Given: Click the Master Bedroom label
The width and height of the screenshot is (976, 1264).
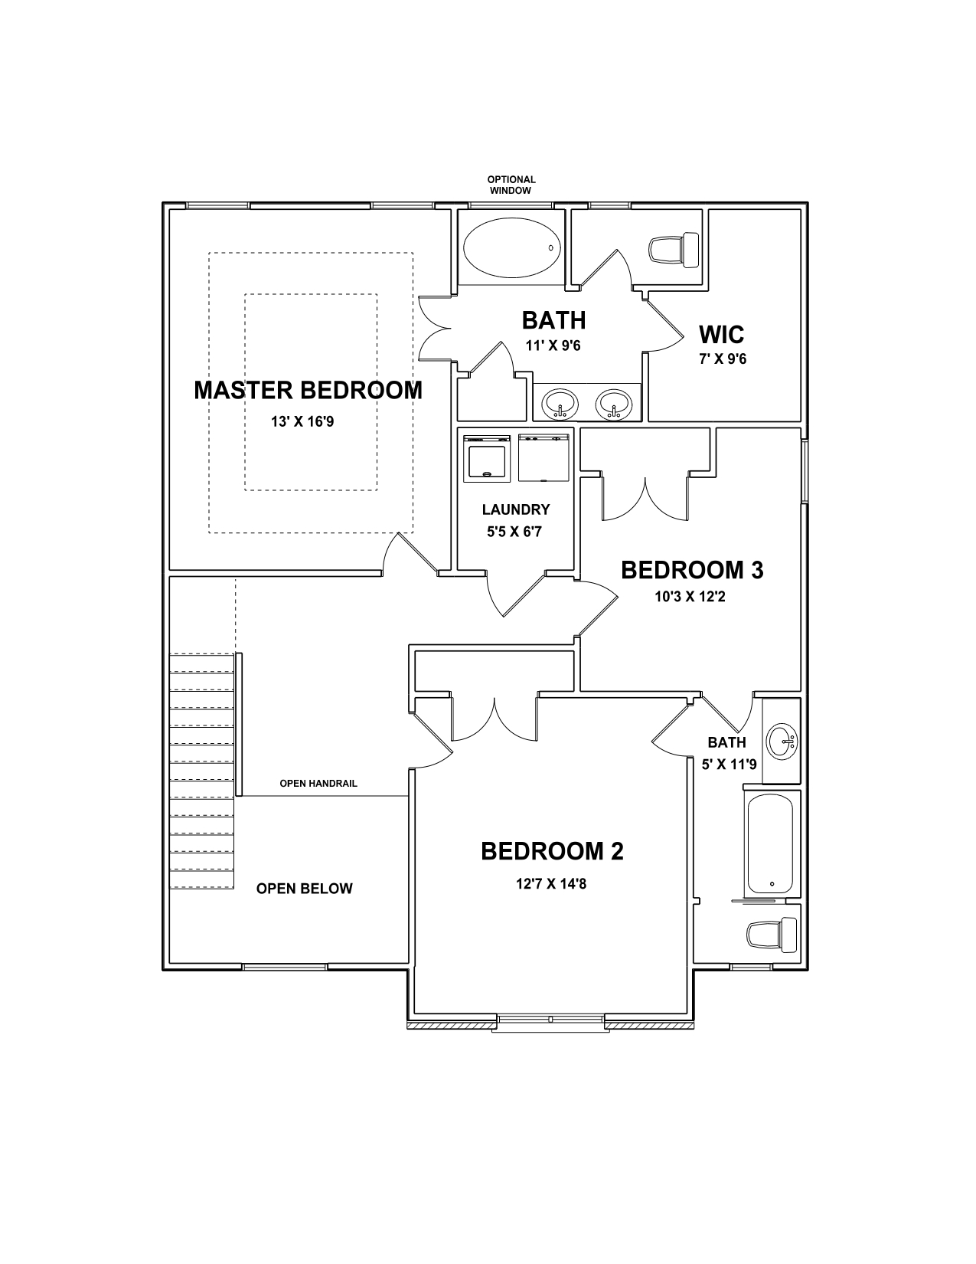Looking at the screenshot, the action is [x=308, y=391].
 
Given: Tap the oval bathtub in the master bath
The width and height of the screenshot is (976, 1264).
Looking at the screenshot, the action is [x=512, y=247].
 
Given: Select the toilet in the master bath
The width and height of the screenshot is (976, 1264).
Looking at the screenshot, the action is [x=674, y=251].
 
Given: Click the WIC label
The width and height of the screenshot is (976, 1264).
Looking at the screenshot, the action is [x=721, y=335].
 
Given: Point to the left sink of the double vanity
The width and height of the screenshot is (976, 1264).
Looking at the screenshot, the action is [x=560, y=403].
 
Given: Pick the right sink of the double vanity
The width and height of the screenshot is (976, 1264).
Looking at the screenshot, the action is [x=614, y=403].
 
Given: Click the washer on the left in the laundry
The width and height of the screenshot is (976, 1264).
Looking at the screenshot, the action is [x=487, y=458].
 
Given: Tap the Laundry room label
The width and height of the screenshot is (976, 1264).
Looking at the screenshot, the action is [x=516, y=509].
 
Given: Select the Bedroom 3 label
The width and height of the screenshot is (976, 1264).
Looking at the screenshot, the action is [x=692, y=570].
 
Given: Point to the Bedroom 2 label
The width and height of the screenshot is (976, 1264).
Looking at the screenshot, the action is [x=552, y=852].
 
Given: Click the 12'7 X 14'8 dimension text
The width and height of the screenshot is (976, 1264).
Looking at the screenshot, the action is [x=551, y=884].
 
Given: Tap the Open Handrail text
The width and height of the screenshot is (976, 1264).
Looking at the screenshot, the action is [x=318, y=784].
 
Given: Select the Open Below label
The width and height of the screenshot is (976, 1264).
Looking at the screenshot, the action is [x=305, y=889].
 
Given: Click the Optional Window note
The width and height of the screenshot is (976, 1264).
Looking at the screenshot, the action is [x=511, y=185].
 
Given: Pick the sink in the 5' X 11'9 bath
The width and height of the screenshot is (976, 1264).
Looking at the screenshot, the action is [x=782, y=742].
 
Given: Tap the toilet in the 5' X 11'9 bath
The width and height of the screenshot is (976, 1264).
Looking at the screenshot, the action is [x=772, y=935].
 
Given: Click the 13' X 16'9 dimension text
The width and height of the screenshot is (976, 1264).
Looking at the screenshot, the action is [x=302, y=421].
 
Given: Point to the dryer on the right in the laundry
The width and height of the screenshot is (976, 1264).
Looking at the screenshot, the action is [x=543, y=458].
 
